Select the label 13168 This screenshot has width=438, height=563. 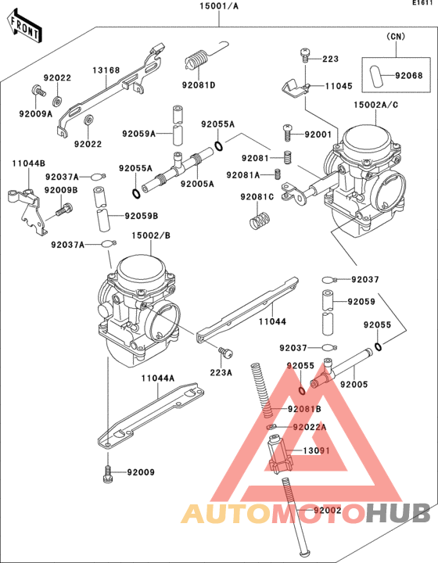click(x=106, y=70)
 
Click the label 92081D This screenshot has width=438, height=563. click(x=199, y=85)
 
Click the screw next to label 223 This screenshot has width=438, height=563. click(x=305, y=56)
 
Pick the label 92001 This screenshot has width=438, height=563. click(x=319, y=134)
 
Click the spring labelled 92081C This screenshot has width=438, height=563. click(x=258, y=221)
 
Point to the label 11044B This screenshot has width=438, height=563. click(x=27, y=163)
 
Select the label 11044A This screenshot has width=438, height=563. click(x=157, y=378)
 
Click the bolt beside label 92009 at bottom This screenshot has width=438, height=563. click(x=107, y=472)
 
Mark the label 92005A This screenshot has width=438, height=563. click(x=196, y=185)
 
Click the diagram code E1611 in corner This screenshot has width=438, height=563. click(x=422, y=4)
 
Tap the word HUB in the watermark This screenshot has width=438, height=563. click(x=398, y=513)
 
